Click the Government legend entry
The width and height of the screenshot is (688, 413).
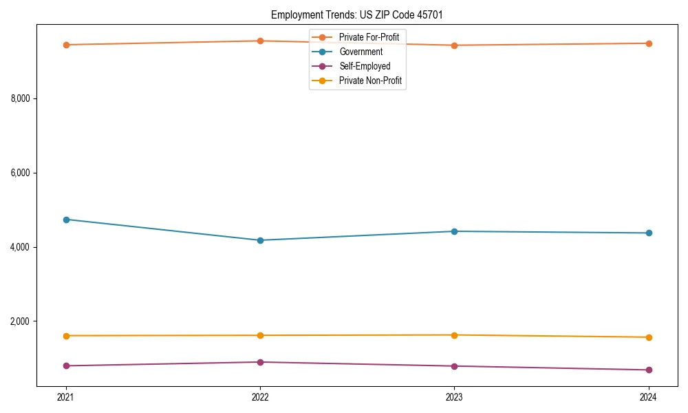pyautogui.click(x=361, y=52)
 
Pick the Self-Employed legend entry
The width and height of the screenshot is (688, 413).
pyautogui.click(x=365, y=67)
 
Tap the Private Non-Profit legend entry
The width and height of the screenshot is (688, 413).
pyautogui.click(x=370, y=81)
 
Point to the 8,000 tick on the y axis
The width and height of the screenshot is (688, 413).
pyautogui.click(x=20, y=98)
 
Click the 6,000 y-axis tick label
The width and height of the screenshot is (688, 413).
pyautogui.click(x=20, y=173)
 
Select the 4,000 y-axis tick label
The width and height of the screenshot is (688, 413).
pyautogui.click(x=20, y=247)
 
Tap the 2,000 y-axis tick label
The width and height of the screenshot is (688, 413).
pyautogui.click(x=20, y=321)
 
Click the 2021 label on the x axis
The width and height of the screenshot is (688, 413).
pyautogui.click(x=66, y=397)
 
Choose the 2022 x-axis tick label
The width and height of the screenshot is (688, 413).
pyautogui.click(x=260, y=397)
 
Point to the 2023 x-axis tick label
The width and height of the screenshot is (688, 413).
pyautogui.click(x=454, y=397)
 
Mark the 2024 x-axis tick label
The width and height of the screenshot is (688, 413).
pyautogui.click(x=648, y=397)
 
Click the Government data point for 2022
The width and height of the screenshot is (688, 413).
pyautogui.click(x=260, y=240)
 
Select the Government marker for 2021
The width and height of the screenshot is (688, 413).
pyautogui.click(x=66, y=220)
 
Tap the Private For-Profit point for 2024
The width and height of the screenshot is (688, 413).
pyautogui.click(x=648, y=43)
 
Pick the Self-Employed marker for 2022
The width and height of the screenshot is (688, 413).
pyautogui.click(x=260, y=362)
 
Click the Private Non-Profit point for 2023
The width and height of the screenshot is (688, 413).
pyautogui.click(x=454, y=335)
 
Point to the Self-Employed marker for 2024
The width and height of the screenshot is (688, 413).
pyautogui.click(x=648, y=370)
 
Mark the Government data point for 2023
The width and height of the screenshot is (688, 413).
pyautogui.click(x=454, y=231)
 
